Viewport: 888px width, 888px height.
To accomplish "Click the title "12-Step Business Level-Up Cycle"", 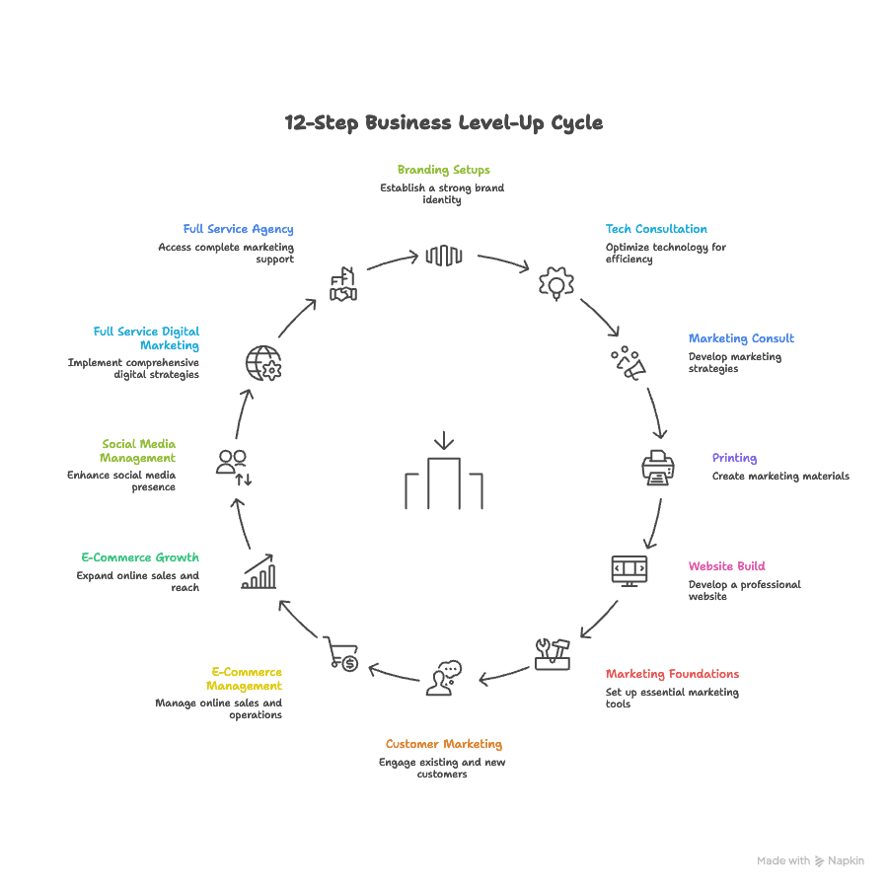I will point(444,123).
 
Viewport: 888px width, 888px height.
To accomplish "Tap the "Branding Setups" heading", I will point(443,170).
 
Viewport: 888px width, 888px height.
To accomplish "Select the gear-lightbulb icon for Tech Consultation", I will point(556,284).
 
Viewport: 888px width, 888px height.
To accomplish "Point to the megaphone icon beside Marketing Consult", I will point(628,363).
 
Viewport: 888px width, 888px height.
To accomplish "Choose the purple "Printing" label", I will point(734,458).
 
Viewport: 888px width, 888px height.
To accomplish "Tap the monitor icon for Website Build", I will point(629,570).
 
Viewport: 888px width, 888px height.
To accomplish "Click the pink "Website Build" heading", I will point(726,566).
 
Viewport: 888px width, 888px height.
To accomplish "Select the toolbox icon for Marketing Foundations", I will point(553,653).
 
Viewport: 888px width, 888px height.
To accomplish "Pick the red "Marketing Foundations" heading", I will point(672,674).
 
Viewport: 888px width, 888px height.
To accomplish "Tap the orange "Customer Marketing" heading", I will point(443,744).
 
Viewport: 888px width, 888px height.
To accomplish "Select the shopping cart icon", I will point(341,653).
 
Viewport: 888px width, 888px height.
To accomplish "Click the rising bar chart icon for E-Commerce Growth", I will point(259,571).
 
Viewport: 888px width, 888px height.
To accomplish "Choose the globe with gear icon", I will point(263,363).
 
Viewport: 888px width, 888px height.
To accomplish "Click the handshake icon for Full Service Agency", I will point(343,284).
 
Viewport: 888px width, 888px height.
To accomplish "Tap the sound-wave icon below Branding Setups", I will point(444,257).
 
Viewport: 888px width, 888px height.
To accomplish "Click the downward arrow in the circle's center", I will point(444,440).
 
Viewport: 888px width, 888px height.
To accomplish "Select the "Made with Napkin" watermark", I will point(810,860).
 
